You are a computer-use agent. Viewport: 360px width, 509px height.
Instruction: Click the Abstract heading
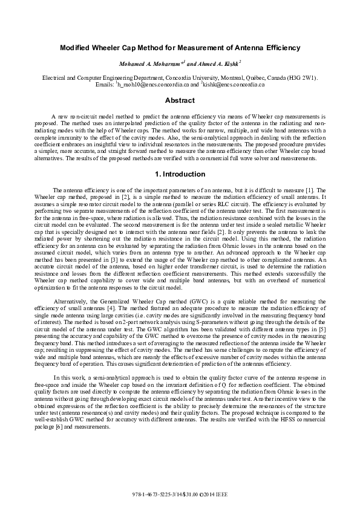click(x=180, y=100)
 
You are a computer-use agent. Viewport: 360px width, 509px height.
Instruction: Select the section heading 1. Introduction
click(x=180, y=174)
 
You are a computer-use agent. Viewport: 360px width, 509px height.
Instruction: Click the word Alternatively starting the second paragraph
click(x=70, y=294)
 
